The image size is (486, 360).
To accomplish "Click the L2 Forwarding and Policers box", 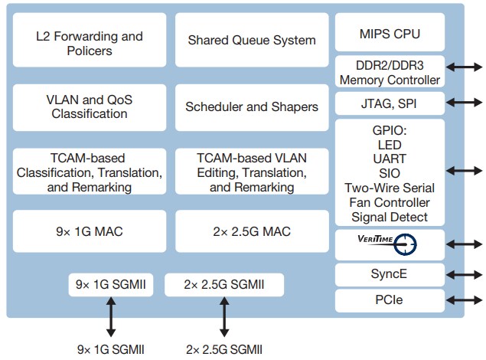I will [90, 44].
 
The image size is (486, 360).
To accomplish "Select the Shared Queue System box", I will [251, 40].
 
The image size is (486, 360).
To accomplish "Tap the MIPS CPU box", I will [390, 34].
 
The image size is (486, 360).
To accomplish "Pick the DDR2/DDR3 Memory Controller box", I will [390, 73].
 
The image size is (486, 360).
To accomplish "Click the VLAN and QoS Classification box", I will [90, 106].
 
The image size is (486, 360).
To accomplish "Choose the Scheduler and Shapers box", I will [251, 106].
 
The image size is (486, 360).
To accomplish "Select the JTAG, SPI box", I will [390, 103].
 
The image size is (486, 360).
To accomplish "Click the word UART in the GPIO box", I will [390, 159].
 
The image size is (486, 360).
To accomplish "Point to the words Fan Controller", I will [390, 202].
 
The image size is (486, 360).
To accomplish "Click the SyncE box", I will [390, 273].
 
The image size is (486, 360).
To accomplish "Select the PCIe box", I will [390, 301].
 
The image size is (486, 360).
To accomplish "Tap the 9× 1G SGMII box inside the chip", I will [110, 285].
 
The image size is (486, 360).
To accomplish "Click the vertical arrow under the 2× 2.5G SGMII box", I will [224, 318].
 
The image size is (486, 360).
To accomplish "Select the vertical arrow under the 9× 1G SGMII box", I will [110, 318].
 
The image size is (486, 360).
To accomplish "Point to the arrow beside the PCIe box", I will [465, 301].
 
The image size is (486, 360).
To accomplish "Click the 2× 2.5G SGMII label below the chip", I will [224, 349].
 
